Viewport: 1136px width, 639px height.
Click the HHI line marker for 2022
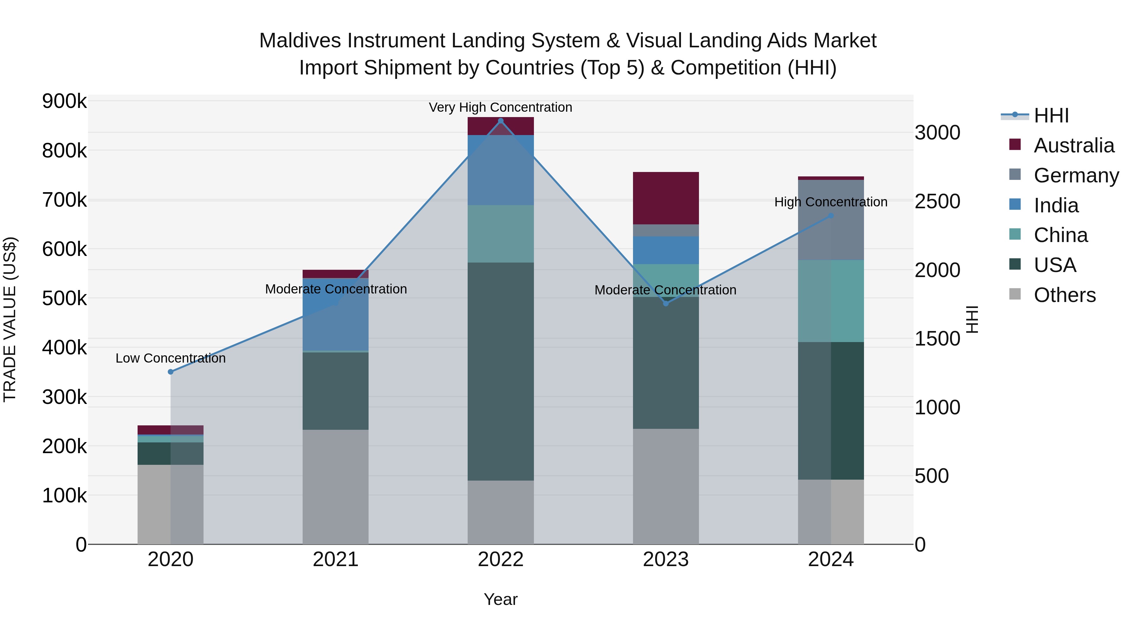[x=500, y=121]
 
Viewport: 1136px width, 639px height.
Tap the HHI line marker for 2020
[x=171, y=372]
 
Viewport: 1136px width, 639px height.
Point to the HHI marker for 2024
[x=831, y=216]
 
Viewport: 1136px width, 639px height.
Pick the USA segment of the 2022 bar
[x=500, y=371]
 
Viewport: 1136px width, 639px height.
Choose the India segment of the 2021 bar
[x=336, y=314]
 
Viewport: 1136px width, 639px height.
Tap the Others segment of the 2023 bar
[x=666, y=486]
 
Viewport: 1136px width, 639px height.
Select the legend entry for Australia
[x=1074, y=145]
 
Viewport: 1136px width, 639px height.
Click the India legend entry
[x=1056, y=205]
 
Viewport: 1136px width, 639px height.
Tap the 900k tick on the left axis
[x=64, y=101]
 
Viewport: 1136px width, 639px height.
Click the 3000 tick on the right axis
[x=937, y=133]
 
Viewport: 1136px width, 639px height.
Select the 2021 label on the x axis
[x=336, y=559]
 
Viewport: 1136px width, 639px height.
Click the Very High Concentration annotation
[x=500, y=107]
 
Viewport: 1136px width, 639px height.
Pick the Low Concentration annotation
[x=171, y=358]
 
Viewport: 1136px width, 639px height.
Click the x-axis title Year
[x=500, y=599]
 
